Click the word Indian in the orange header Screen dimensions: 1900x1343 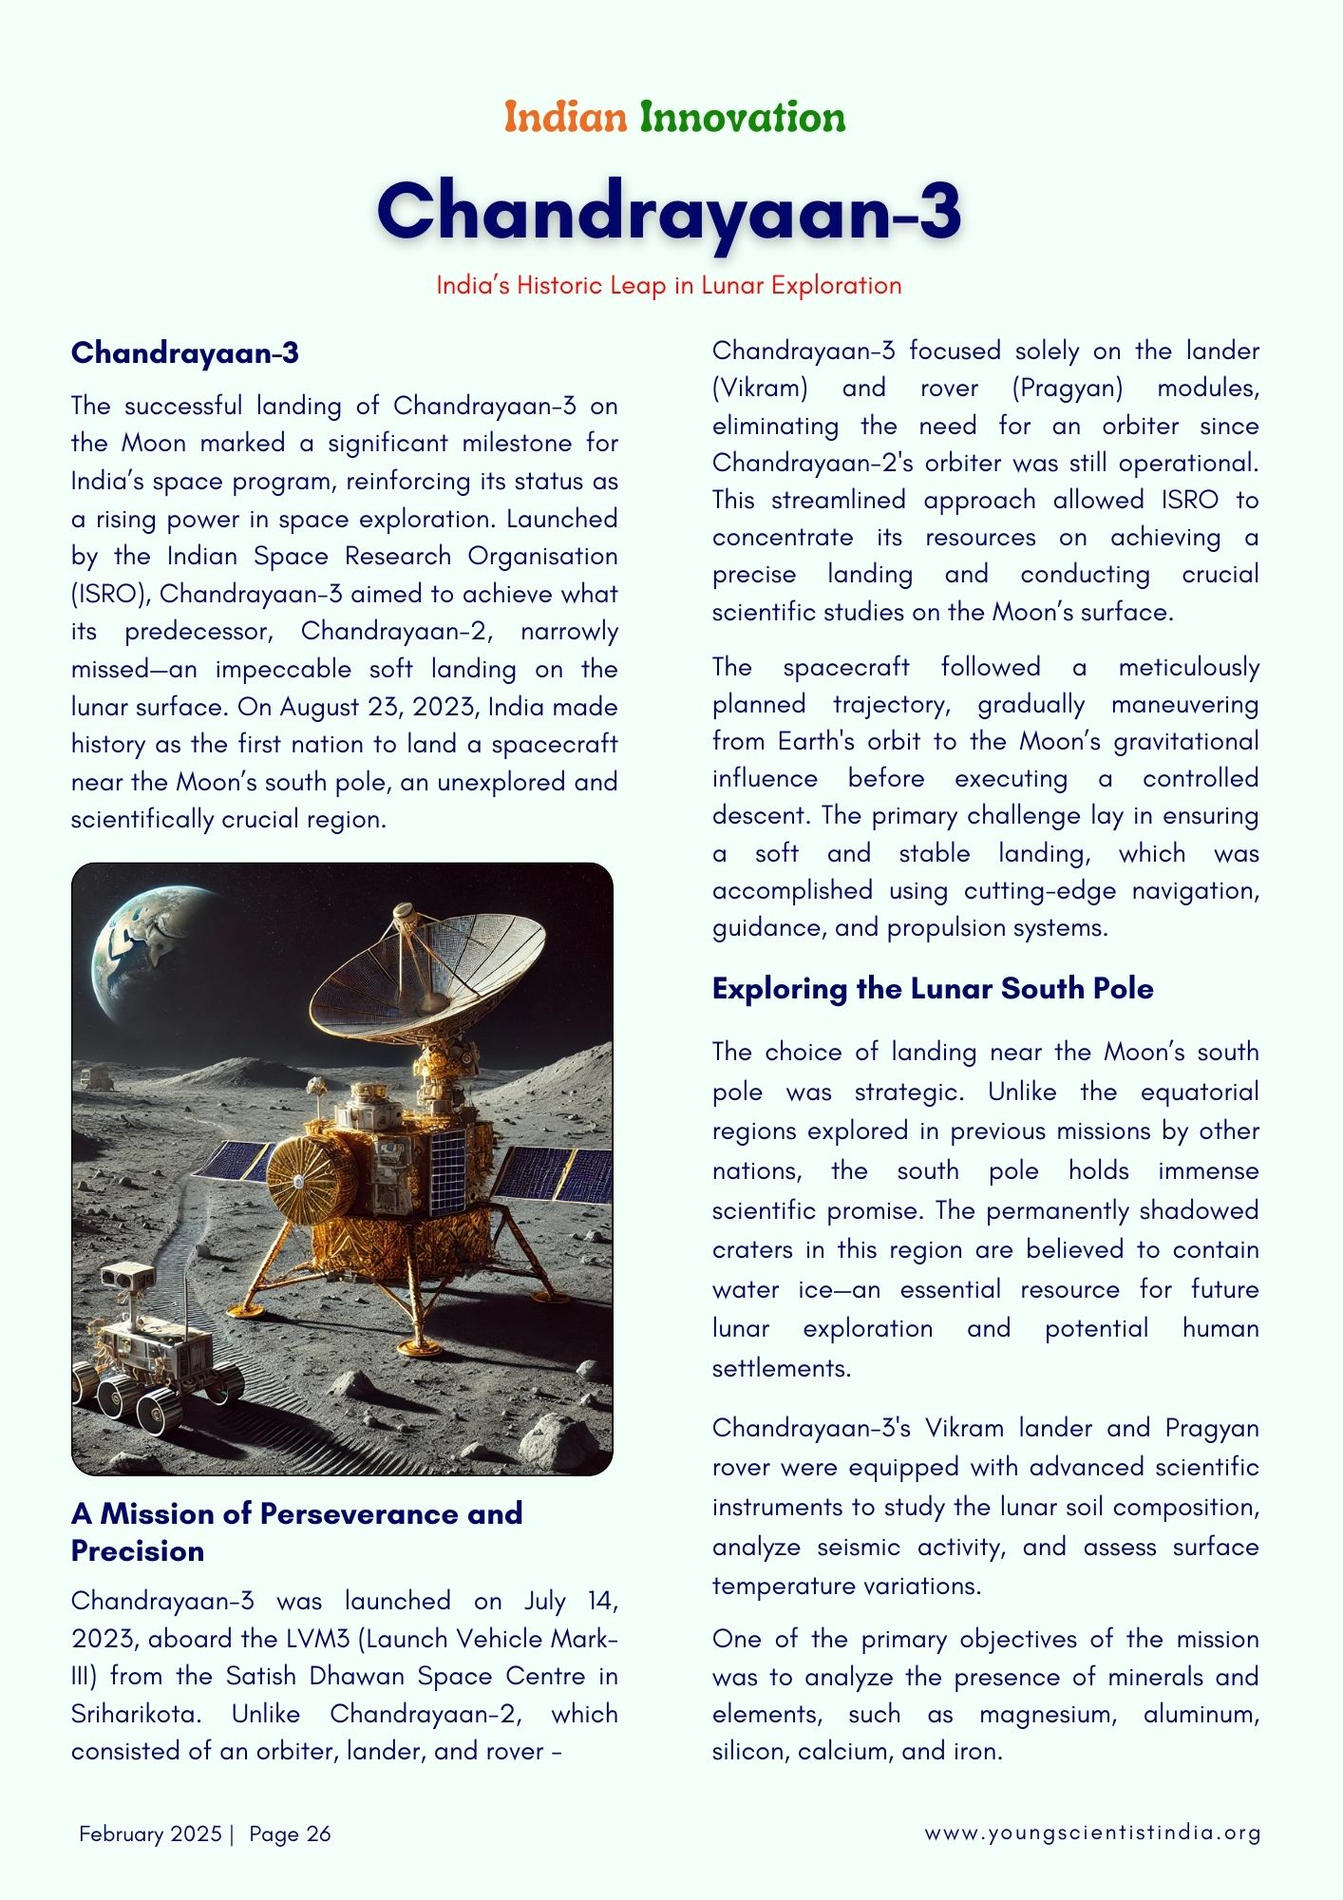[x=565, y=118]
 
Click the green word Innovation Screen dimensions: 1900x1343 [x=742, y=118]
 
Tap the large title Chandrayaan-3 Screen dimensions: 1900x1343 [x=670, y=211]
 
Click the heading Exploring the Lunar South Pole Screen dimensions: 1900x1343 [x=933, y=989]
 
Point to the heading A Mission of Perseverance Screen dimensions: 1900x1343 [x=296, y=1513]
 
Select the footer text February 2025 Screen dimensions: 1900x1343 [x=150, y=1833]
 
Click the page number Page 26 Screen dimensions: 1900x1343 [x=290, y=1833]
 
